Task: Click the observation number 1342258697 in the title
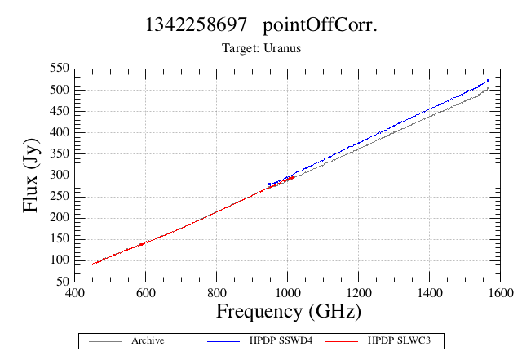(x=196, y=24)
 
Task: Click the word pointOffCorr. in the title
(x=320, y=25)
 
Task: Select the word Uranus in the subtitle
(x=282, y=48)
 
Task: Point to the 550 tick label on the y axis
(x=60, y=69)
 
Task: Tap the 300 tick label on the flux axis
(x=60, y=175)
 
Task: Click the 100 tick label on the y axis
(x=60, y=260)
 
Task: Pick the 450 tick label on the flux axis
(x=60, y=111)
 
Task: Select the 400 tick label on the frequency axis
(x=74, y=293)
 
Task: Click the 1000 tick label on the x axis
(x=288, y=293)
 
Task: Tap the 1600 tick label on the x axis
(x=500, y=293)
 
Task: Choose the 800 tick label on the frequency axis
(x=217, y=293)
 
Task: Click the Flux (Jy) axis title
(x=31, y=176)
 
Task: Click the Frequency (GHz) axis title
(x=289, y=312)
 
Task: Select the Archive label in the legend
(x=148, y=340)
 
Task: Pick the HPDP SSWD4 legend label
(x=281, y=340)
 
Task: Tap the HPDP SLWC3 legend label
(x=399, y=340)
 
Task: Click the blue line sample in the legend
(x=223, y=341)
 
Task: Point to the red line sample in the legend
(x=342, y=341)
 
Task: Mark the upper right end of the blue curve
(x=489, y=80)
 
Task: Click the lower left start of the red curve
(x=92, y=264)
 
